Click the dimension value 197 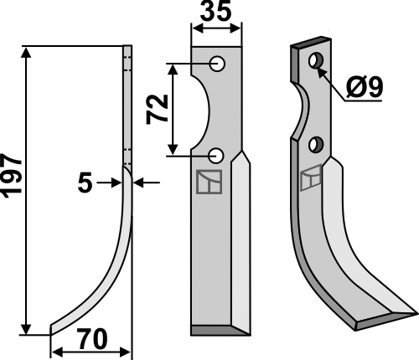pyautogui.click(x=12, y=175)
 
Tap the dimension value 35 pyautogui.click(x=216, y=12)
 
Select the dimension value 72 pyautogui.click(x=158, y=109)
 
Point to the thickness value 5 pyautogui.click(x=85, y=183)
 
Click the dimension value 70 pyautogui.click(x=93, y=339)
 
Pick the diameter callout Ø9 pyautogui.click(x=365, y=87)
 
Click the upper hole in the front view pyautogui.click(x=217, y=64)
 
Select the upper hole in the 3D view pyautogui.click(x=316, y=60)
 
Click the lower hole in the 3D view pyautogui.click(x=316, y=144)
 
